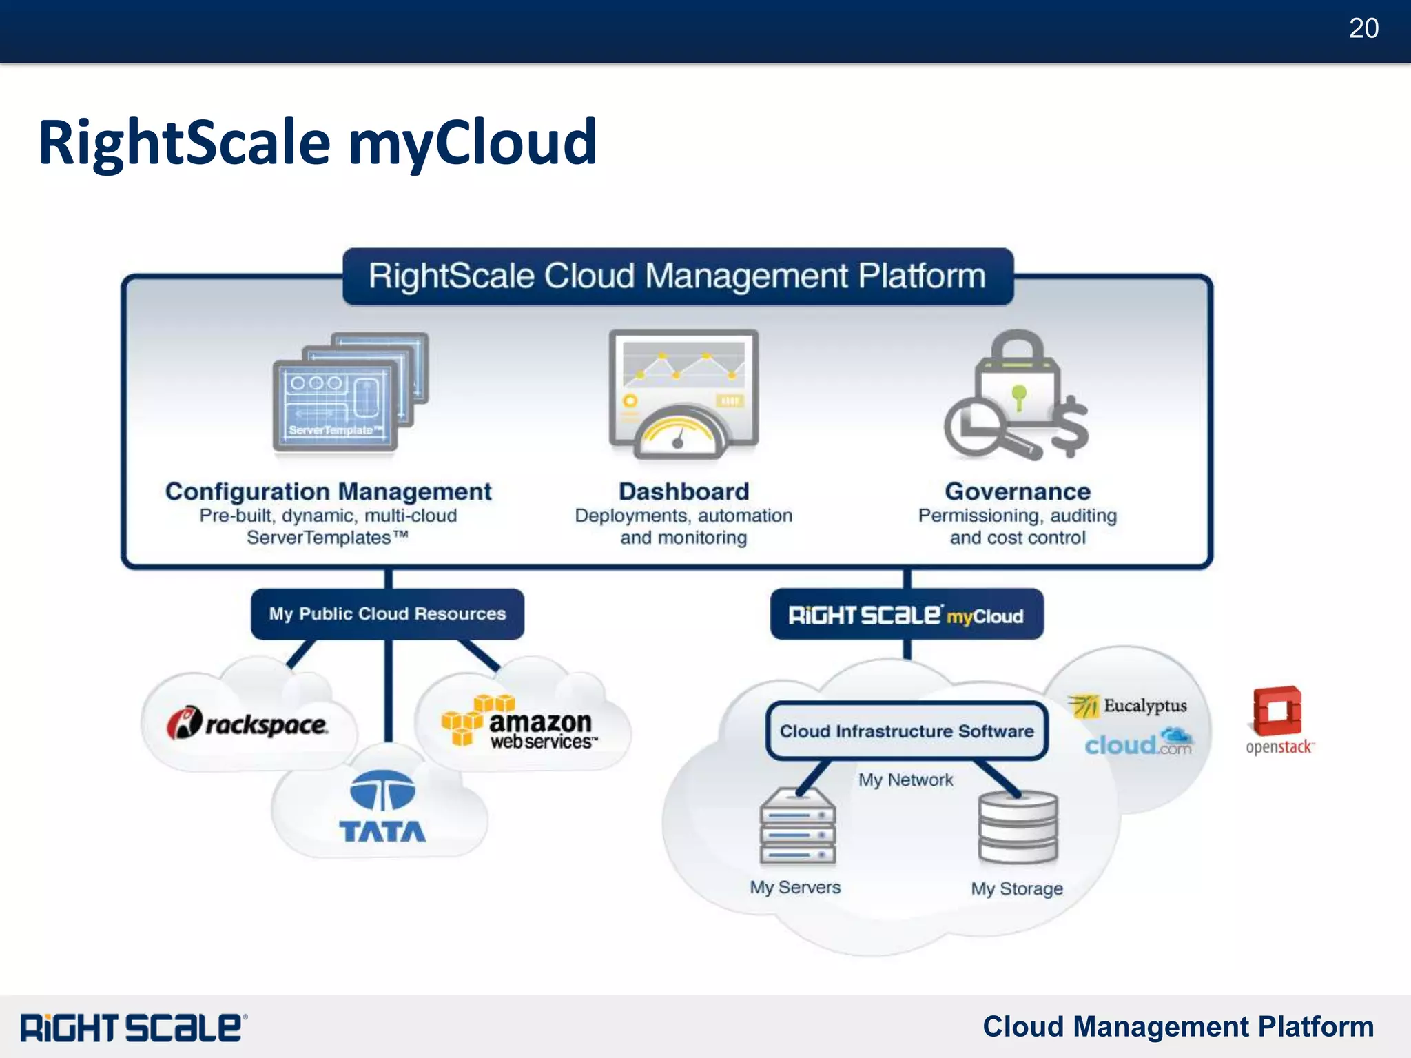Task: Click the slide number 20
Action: [x=1363, y=29]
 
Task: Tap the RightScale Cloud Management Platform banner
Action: [x=677, y=276]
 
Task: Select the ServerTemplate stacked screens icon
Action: [x=349, y=392]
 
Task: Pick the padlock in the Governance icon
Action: [x=1018, y=376]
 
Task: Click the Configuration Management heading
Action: [x=328, y=491]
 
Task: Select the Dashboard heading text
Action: [x=683, y=491]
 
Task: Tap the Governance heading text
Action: [x=1018, y=491]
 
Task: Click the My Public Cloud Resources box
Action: [x=387, y=613]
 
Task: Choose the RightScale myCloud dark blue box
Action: [x=906, y=614]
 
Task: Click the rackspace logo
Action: [x=247, y=724]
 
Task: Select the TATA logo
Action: [x=382, y=806]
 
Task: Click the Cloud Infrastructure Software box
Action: [x=906, y=731]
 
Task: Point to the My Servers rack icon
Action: [x=798, y=827]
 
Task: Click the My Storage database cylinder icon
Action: [x=1018, y=827]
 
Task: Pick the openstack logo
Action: [x=1279, y=720]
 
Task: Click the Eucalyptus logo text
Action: [x=1144, y=706]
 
